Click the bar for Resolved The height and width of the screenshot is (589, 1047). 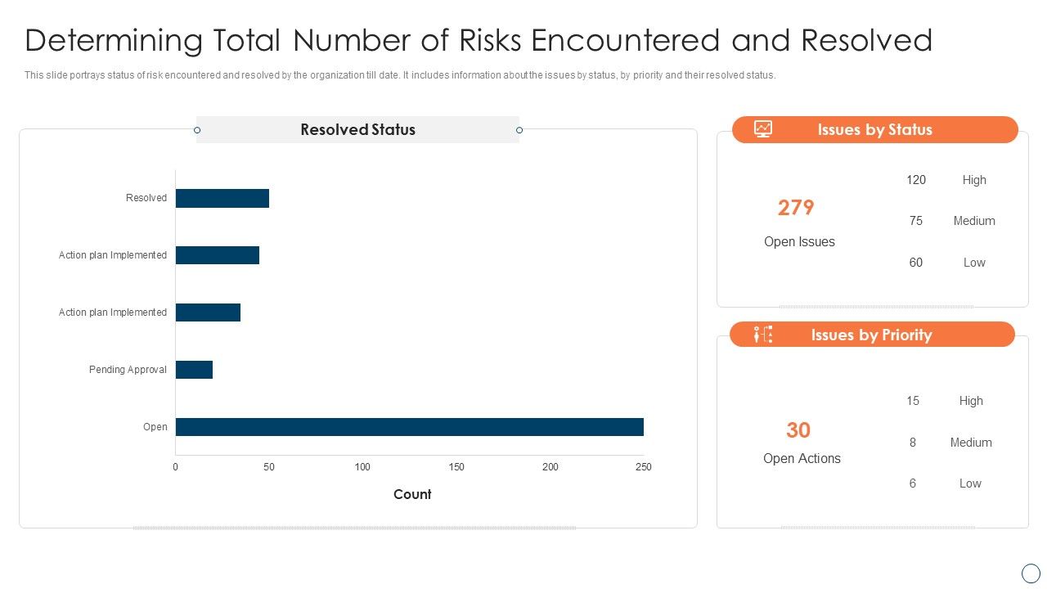[222, 198]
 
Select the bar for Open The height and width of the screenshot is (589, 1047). [409, 427]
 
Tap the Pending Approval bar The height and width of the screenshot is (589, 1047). [194, 370]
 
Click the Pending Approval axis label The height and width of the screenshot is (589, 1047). [128, 370]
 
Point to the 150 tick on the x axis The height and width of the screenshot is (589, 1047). [456, 467]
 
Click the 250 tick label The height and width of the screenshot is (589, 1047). [644, 467]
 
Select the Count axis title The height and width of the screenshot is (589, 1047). [412, 494]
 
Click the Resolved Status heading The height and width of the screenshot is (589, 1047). [357, 129]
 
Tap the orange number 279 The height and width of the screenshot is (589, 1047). [796, 208]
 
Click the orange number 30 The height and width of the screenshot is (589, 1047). [798, 430]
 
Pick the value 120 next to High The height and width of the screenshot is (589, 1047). [916, 180]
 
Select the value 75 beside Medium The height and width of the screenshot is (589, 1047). [916, 221]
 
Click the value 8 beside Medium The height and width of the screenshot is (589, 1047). [913, 443]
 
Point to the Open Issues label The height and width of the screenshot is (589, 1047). [799, 242]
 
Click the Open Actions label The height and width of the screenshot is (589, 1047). [802, 459]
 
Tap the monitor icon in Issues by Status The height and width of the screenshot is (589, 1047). [763, 129]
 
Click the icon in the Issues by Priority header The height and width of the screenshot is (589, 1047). [763, 335]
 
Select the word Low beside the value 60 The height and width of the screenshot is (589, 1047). [974, 263]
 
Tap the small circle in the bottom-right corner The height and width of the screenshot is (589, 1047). [1031, 573]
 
